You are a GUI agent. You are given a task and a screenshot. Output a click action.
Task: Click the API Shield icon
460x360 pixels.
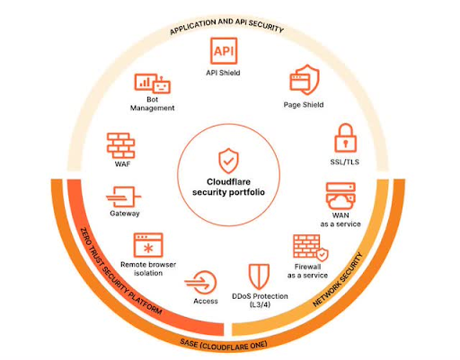[x=224, y=50]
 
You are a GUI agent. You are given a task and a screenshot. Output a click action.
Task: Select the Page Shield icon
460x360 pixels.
[x=305, y=80]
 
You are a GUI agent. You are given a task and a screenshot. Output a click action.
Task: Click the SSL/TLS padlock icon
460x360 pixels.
[x=345, y=138]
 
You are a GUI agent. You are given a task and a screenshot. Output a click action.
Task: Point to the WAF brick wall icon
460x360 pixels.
[x=121, y=145]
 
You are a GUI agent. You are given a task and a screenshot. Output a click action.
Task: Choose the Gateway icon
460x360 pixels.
[x=123, y=197]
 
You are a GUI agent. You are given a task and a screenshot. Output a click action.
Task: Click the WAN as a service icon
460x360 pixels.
[x=341, y=196]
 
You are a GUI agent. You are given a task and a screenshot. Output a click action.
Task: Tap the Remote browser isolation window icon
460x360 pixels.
[x=148, y=245]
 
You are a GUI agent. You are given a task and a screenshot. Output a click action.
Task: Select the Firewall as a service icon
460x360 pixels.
[x=311, y=248]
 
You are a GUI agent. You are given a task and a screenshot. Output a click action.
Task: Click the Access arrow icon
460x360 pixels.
[x=200, y=283]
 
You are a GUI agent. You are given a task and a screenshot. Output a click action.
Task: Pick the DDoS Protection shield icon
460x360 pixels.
[x=259, y=277]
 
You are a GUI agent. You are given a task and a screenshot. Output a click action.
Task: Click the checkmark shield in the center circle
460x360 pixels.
[x=228, y=161]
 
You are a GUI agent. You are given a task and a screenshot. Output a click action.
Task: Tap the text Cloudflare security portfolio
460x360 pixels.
[x=228, y=187]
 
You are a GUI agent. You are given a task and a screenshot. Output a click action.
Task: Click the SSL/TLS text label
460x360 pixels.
[x=345, y=162]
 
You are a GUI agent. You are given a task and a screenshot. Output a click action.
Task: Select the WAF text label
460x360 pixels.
[x=122, y=164]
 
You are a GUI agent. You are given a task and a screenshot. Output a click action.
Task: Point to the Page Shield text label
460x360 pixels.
[x=304, y=105]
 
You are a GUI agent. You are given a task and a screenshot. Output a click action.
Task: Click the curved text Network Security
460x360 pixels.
[x=338, y=280]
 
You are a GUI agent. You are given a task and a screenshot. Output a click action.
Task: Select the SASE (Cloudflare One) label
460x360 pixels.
[x=224, y=345]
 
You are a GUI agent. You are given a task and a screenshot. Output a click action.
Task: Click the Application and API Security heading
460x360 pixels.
[x=226, y=26]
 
